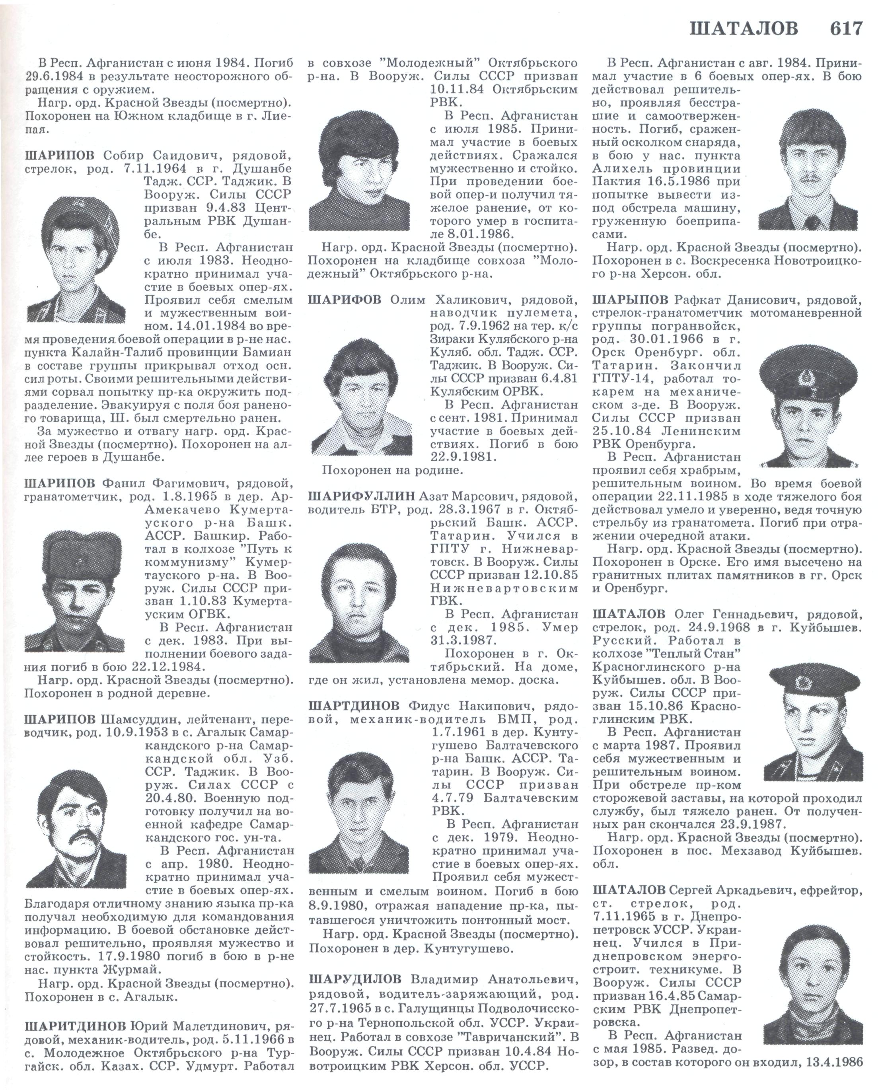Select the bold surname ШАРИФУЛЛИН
coord(359,495)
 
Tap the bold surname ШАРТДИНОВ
coord(354,706)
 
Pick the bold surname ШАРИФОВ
coord(344,300)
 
